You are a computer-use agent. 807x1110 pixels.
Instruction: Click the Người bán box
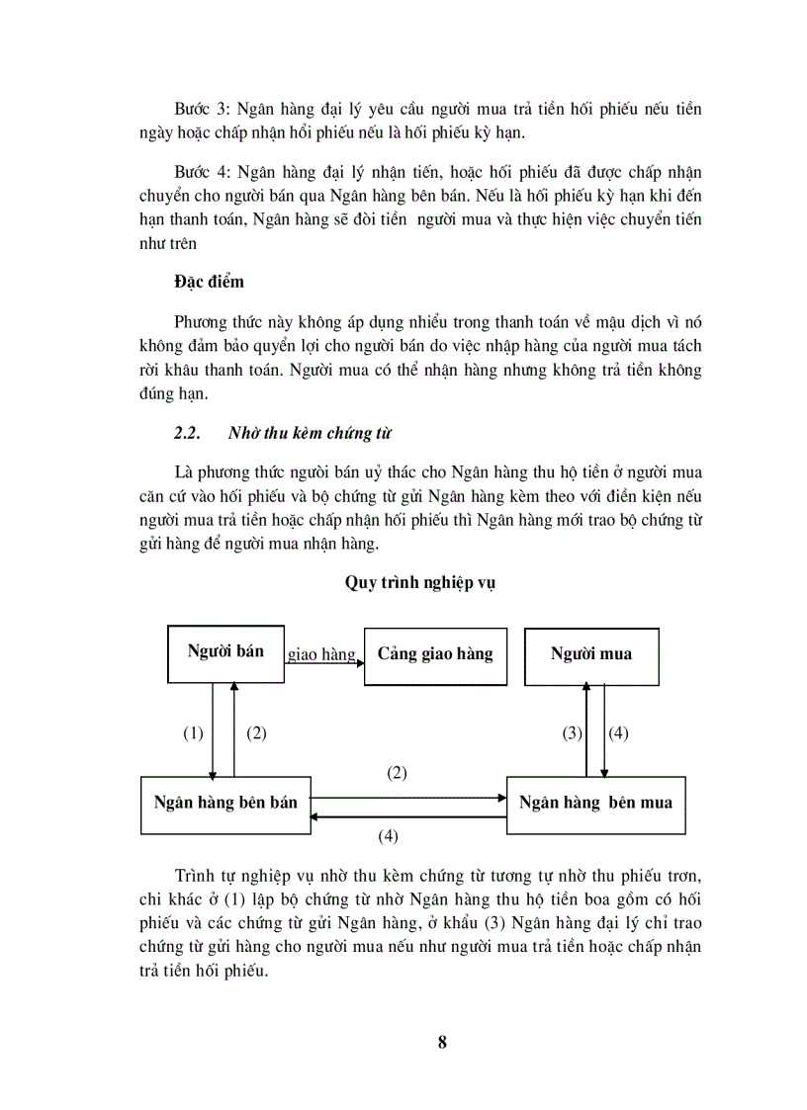[226, 652]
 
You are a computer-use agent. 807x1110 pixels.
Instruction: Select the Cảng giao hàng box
[435, 655]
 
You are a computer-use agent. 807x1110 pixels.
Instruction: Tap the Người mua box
[591, 655]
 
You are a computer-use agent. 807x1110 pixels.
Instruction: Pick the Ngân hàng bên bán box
[225, 803]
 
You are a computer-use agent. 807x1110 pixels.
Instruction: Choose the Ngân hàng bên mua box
[595, 804]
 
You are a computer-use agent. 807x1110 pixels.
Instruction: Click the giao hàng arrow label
[321, 654]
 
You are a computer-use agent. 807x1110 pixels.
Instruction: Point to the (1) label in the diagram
[193, 733]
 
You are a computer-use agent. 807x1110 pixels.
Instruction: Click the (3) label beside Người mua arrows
[573, 733]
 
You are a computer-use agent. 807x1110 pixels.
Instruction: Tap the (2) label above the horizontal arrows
[397, 773]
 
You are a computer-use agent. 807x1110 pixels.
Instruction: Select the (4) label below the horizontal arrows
[388, 836]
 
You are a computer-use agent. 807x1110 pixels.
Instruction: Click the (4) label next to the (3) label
[618, 733]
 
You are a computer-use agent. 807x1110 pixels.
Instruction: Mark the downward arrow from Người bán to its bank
[213, 731]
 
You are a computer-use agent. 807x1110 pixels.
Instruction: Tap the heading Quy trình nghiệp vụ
[419, 582]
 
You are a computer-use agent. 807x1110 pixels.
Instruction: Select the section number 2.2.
[187, 433]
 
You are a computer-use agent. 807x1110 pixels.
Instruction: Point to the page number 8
[442, 1043]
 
